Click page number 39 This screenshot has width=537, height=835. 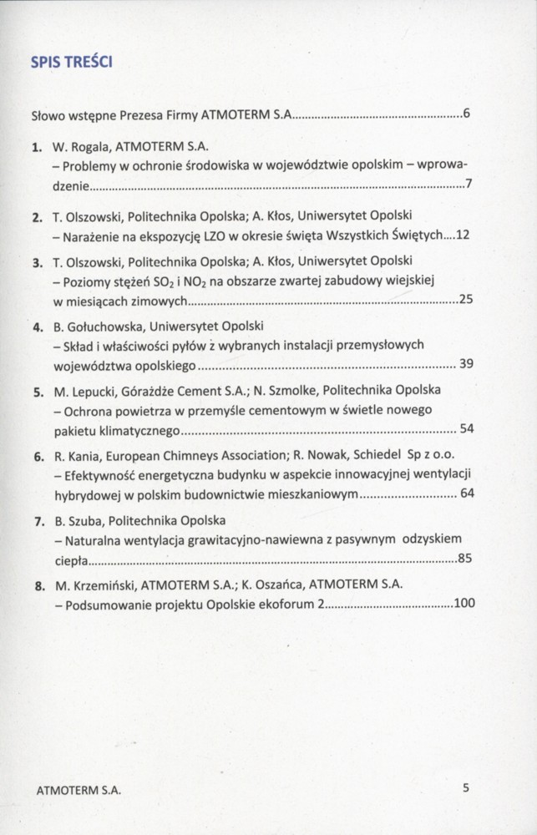tap(466, 364)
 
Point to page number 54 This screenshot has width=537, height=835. tap(466, 428)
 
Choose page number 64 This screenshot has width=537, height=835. tap(466, 493)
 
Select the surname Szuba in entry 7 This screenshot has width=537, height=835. tap(84, 521)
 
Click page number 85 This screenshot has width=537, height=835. tap(466, 559)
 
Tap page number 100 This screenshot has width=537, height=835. tap(464, 602)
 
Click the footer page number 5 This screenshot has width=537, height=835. tap(466, 787)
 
